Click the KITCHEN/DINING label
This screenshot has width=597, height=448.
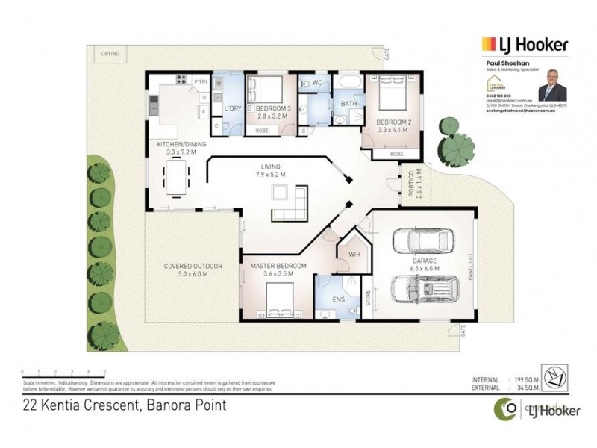tap(176, 145)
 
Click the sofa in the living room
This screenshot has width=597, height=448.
tap(287, 202)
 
